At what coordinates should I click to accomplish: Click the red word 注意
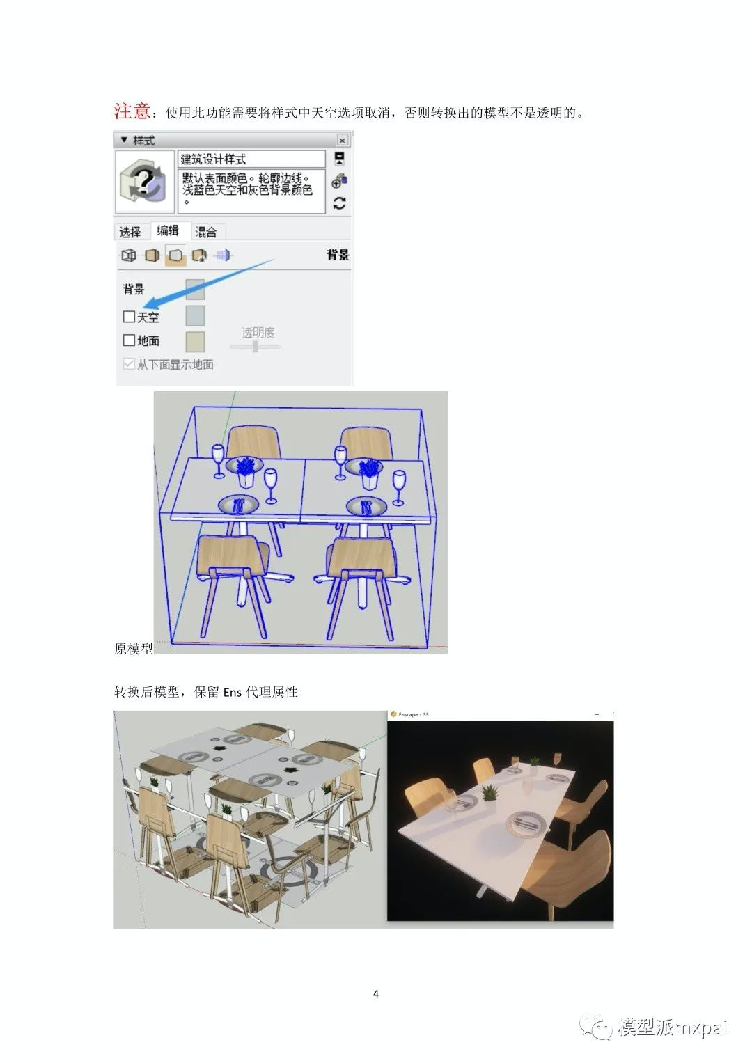(x=132, y=111)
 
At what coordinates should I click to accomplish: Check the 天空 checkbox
(x=129, y=317)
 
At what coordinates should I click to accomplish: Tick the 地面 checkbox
(x=129, y=340)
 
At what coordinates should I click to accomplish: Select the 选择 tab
(x=130, y=232)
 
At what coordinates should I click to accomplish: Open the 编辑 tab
(x=168, y=230)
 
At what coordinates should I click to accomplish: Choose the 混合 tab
(x=206, y=232)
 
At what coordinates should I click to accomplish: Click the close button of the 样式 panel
(x=342, y=140)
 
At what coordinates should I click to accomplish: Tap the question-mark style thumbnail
(x=145, y=182)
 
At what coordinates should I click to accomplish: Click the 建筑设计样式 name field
(x=251, y=159)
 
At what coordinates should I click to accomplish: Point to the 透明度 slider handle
(x=256, y=347)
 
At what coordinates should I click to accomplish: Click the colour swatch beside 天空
(x=195, y=315)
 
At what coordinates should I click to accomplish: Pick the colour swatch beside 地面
(x=195, y=342)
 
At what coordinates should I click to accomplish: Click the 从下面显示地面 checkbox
(x=129, y=364)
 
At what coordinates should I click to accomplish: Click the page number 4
(x=376, y=993)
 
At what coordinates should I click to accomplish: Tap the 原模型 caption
(x=134, y=649)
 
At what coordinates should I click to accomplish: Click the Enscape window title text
(x=414, y=714)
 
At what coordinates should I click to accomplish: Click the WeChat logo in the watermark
(x=595, y=1027)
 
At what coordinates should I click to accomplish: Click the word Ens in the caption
(x=233, y=693)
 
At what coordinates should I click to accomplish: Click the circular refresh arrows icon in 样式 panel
(x=340, y=203)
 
